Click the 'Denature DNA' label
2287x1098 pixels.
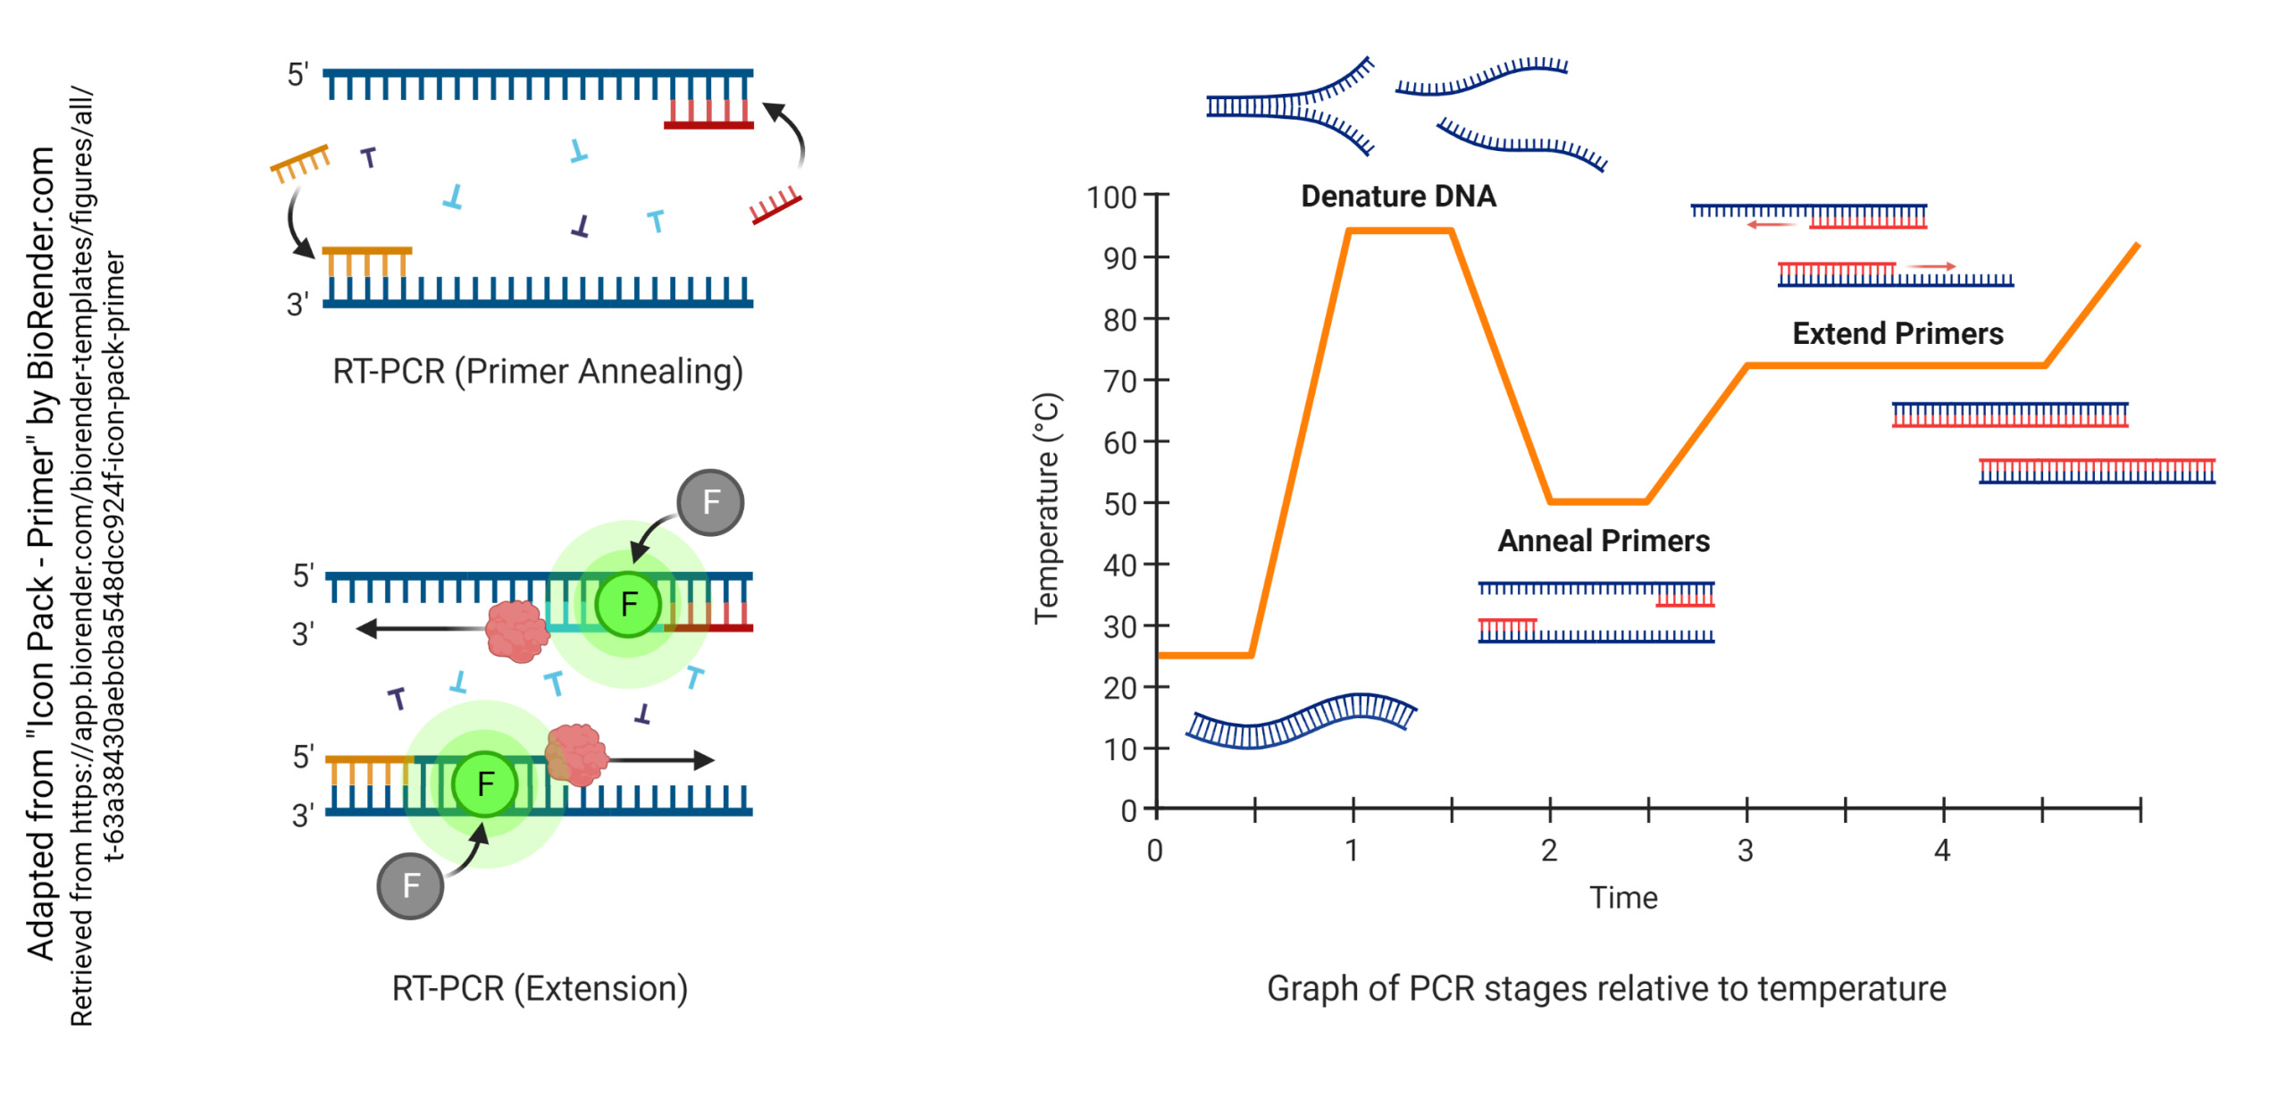(1397, 196)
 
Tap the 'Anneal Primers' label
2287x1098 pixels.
(1603, 541)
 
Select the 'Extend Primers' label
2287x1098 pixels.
(1897, 333)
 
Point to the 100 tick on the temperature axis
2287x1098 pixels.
(1110, 197)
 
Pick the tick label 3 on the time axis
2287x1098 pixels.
(1745, 851)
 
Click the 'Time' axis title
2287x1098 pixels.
(1622, 897)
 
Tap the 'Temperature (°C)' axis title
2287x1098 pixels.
(1046, 507)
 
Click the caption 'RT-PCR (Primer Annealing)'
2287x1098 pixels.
(538, 371)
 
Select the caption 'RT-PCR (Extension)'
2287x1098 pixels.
(540, 988)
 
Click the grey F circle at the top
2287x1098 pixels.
(710, 502)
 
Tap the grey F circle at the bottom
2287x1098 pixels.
(410, 885)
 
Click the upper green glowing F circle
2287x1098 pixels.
(628, 605)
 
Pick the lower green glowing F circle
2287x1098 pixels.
(485, 784)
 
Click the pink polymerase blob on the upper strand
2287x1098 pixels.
(516, 631)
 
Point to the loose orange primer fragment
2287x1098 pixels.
(300, 163)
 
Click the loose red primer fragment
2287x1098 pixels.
(775, 205)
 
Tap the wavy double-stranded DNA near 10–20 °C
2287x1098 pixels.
(1300, 721)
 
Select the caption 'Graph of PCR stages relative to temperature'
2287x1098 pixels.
(1605, 988)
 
